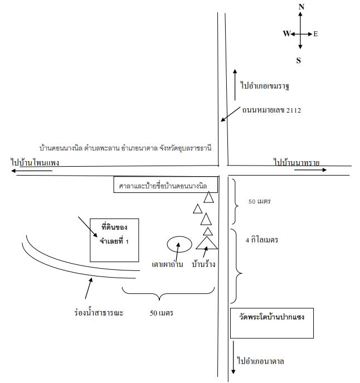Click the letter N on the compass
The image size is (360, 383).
301,7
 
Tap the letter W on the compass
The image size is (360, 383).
286,33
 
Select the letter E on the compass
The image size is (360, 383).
315,34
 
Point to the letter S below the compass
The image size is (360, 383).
299,60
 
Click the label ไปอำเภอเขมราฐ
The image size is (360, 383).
265,86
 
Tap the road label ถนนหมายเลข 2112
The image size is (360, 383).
271,110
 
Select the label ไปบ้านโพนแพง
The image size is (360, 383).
35,162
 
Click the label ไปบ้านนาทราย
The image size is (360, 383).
296,162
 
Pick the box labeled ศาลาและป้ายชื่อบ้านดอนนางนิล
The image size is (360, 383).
166,185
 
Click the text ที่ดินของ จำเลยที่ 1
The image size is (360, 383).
114,234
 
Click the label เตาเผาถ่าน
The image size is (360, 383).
167,264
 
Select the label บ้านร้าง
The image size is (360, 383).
203,264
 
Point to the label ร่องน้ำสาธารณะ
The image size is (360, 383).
99,313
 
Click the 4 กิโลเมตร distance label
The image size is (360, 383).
262,240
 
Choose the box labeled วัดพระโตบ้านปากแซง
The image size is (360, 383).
272,323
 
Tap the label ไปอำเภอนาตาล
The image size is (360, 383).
261,361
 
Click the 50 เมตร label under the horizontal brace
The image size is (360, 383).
162,313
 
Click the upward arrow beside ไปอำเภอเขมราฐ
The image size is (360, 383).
235,85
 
